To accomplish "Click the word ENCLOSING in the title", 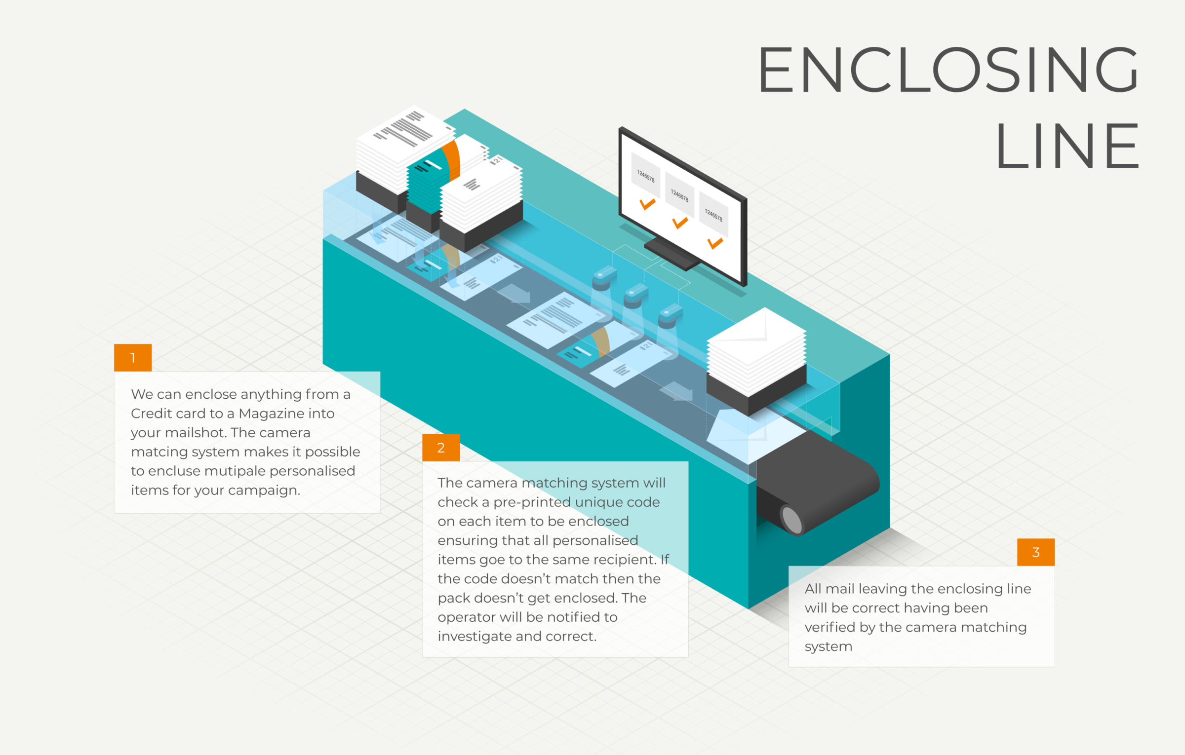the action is pyautogui.click(x=948, y=69).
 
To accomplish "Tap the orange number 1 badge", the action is pyautogui.click(x=133, y=358).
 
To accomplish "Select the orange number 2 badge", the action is pyautogui.click(x=441, y=448).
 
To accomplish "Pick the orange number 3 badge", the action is pyautogui.click(x=1036, y=552).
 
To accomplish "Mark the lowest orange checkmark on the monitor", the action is pyautogui.click(x=714, y=243).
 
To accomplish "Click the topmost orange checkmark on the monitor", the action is pyautogui.click(x=647, y=204).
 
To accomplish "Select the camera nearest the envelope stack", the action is pyautogui.click(x=670, y=316).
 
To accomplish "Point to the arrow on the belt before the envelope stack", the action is pyautogui.click(x=676, y=391).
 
